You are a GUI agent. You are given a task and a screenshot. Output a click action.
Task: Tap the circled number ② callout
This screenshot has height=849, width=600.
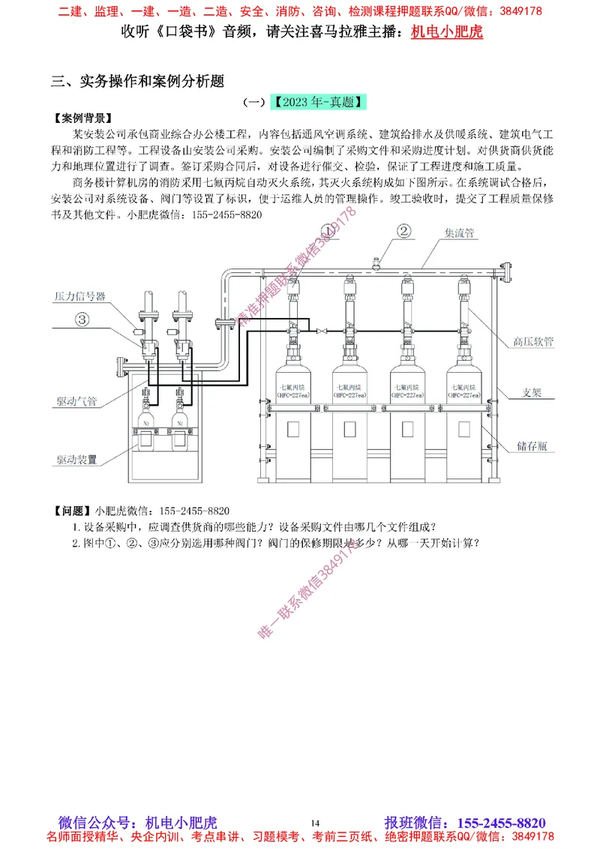[x=403, y=231]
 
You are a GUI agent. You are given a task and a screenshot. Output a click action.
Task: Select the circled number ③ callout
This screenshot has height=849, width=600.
[x=82, y=319]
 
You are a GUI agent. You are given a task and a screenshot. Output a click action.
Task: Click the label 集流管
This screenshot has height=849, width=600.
[x=460, y=233]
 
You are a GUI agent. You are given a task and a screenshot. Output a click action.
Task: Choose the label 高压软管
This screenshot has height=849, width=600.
[x=533, y=340]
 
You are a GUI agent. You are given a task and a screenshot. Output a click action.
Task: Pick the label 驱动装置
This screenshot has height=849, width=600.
[x=76, y=459]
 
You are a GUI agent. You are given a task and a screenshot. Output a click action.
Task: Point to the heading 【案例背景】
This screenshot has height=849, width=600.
[x=84, y=118]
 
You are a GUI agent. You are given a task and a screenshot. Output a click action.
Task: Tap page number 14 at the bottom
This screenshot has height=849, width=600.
[x=314, y=822]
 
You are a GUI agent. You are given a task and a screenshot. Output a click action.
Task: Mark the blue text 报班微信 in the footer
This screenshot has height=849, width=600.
[x=412, y=823]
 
